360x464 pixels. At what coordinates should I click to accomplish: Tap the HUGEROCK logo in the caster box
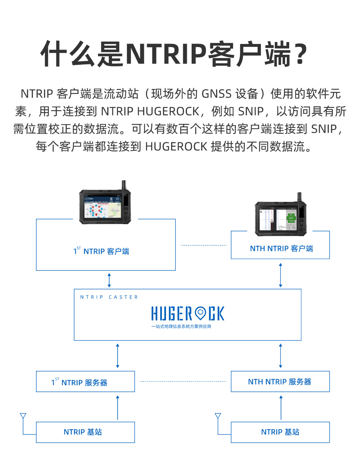tap(188, 313)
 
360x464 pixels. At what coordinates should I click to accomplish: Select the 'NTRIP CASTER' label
tap(109, 297)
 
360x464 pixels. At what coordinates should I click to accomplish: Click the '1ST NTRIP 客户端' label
tap(101, 251)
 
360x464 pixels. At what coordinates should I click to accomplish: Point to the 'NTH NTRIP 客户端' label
tap(281, 249)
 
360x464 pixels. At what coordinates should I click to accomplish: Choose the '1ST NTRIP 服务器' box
tap(85, 382)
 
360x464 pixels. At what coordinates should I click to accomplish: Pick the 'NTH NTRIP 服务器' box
tap(280, 382)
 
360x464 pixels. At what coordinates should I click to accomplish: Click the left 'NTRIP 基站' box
tap(85, 432)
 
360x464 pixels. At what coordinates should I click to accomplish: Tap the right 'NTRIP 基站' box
tap(280, 432)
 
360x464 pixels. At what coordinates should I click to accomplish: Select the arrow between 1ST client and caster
tap(109, 280)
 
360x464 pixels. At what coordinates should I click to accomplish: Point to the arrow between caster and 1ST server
tap(117, 355)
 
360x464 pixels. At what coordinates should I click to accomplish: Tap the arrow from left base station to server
tap(118, 407)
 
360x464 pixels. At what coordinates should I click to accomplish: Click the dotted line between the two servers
tap(183, 382)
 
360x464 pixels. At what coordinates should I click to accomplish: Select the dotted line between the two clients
tap(204, 245)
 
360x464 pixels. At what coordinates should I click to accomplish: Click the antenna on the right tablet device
tap(298, 199)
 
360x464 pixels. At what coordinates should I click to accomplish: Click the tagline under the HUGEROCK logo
tap(181, 327)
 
